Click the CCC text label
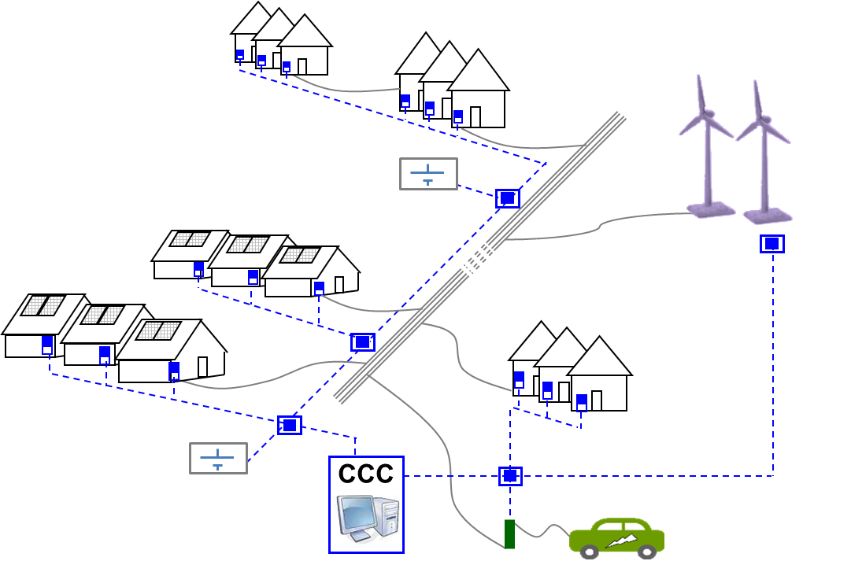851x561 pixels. tap(365, 474)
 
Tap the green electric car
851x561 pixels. tap(616, 538)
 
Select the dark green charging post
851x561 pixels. tap(509, 533)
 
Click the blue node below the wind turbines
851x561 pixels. tap(771, 244)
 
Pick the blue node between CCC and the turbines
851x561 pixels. tap(510, 476)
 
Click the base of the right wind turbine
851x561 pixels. tap(767, 215)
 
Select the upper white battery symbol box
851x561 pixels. tap(428, 174)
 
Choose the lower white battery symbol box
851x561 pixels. tap(218, 458)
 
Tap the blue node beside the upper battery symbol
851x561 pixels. tap(508, 198)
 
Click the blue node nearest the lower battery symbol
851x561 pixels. tap(290, 425)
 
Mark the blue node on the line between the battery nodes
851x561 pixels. tap(362, 342)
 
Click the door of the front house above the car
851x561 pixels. tap(597, 400)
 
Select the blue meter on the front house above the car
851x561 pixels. tap(581, 402)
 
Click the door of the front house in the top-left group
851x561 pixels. tap(302, 66)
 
